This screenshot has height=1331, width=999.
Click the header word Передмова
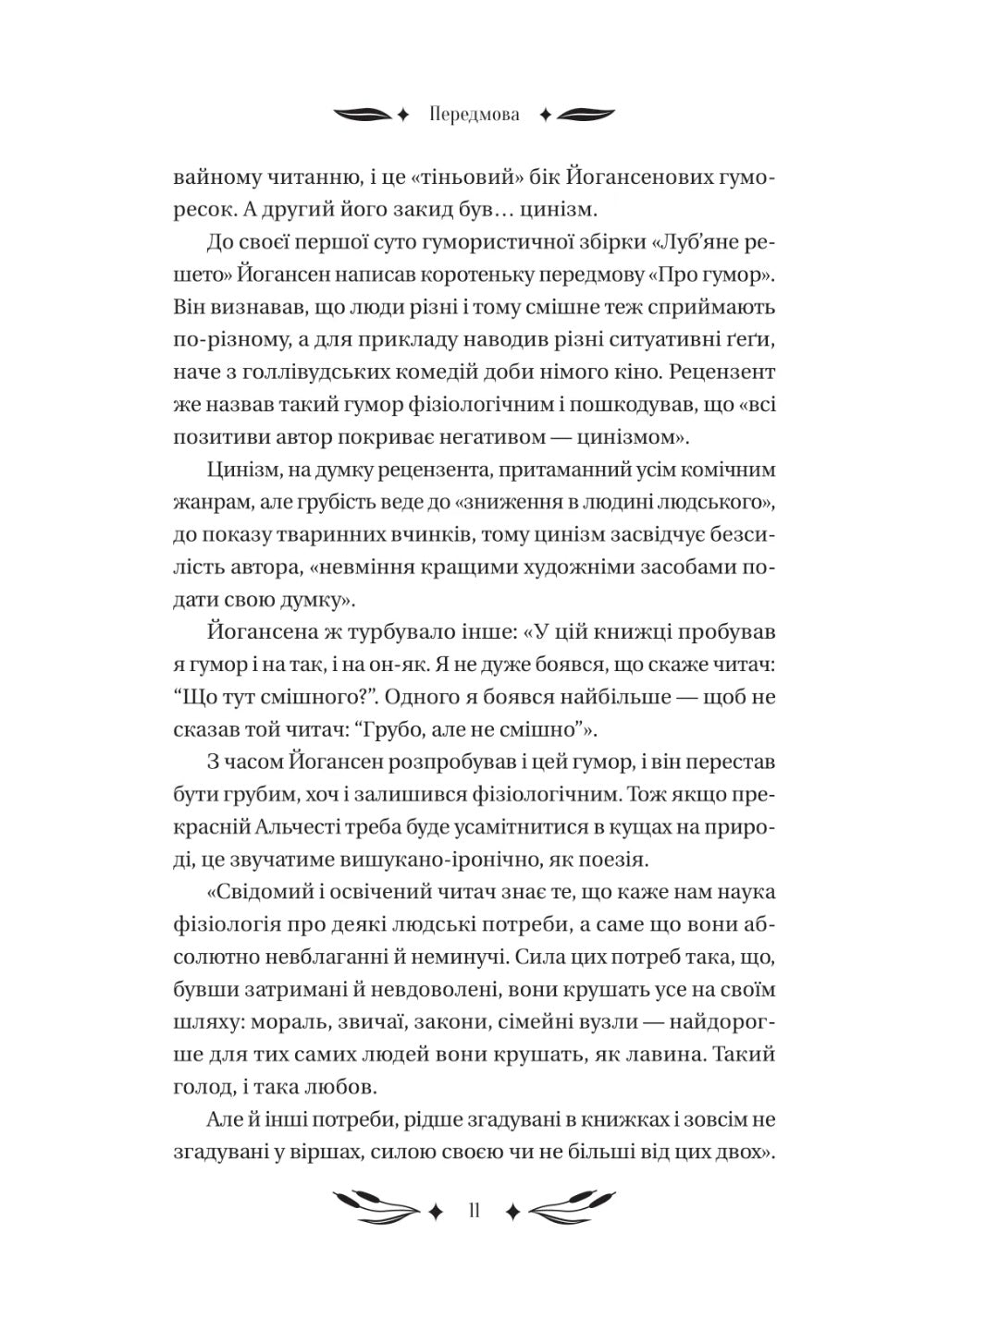point(475,116)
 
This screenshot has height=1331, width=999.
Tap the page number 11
point(474,1211)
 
